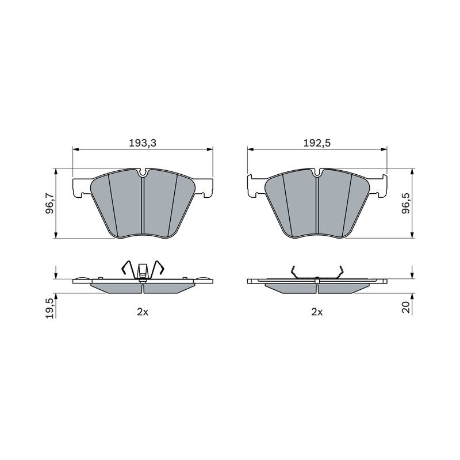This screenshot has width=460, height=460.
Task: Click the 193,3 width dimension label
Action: click(x=143, y=143)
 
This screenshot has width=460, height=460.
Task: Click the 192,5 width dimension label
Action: click(x=317, y=143)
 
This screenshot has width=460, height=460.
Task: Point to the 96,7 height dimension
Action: click(x=49, y=204)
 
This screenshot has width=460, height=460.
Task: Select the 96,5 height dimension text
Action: click(x=406, y=204)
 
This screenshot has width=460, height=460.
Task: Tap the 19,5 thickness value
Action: click(x=49, y=308)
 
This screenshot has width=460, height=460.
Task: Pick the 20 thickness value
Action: click(x=406, y=308)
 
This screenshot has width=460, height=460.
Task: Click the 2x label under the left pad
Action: click(x=143, y=312)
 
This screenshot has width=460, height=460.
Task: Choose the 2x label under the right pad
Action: click(x=317, y=312)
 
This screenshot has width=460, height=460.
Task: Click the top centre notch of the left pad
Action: click(x=143, y=173)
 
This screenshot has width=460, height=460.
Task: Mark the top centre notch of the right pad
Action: click(x=317, y=172)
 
